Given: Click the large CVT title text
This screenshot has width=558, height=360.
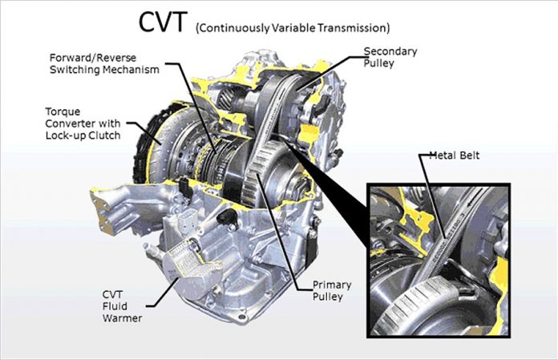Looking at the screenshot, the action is (162, 22).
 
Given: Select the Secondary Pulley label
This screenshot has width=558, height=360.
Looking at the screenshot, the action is (390, 57).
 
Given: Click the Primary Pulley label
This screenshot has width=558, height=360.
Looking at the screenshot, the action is (332, 290).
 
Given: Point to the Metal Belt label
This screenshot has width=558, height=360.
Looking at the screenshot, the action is (455, 155).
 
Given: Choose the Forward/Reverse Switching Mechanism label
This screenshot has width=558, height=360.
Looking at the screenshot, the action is (104, 63).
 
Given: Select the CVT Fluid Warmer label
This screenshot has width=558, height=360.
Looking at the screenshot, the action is (122, 306).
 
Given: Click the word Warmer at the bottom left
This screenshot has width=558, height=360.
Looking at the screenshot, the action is (122, 318).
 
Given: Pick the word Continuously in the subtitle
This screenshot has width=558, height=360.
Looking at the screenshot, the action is (232, 28).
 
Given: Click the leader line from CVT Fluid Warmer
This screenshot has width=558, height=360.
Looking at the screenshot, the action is (162, 293).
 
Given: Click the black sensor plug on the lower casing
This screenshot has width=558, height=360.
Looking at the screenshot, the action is (227, 216).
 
